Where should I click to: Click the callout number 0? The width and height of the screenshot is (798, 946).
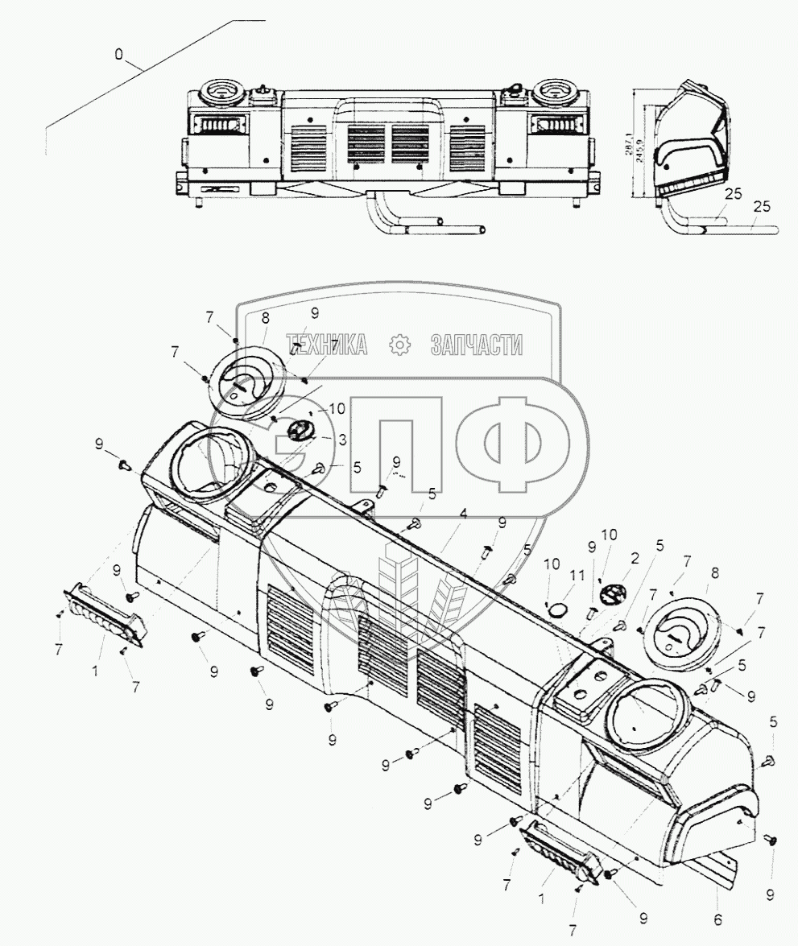[x=119, y=55]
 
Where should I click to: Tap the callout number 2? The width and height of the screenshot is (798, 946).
[x=637, y=556]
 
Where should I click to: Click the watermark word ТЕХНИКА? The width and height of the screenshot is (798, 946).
[x=326, y=345]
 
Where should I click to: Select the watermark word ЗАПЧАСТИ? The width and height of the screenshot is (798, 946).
[x=477, y=345]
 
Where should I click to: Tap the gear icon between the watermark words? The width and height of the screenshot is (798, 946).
[x=399, y=345]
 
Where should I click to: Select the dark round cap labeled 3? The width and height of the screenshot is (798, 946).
[x=299, y=429]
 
